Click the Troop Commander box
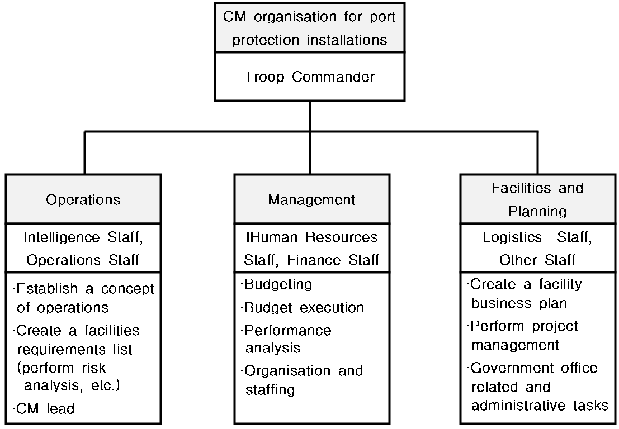310,77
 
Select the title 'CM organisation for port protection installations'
310,28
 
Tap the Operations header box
83,199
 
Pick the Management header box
312,199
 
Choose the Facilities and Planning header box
538,199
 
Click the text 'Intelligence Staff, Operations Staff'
83,249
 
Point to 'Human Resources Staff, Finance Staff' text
312,249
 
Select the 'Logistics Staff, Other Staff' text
538,249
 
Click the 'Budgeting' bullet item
277,284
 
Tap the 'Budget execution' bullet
303,307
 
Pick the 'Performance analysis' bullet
286,339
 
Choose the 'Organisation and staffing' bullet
302,380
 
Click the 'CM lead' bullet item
44,408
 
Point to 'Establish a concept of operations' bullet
83,298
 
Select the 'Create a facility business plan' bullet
525,293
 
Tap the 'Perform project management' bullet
523,336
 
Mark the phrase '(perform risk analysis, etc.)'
68,376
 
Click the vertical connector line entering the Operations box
84,152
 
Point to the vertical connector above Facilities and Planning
538,152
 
